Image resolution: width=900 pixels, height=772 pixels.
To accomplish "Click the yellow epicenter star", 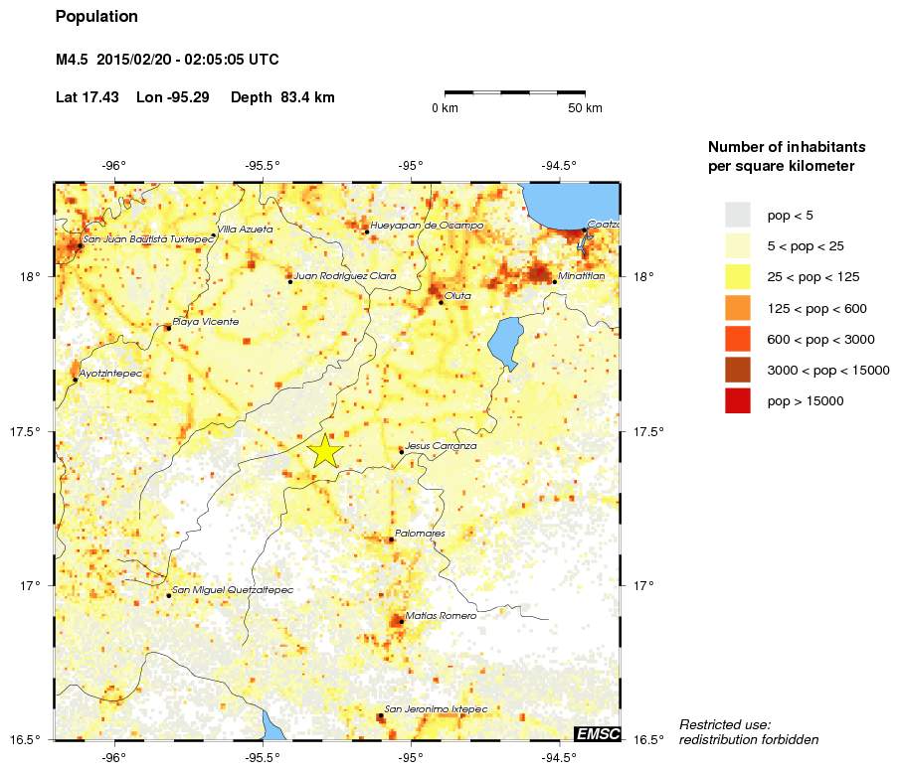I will click(325, 451).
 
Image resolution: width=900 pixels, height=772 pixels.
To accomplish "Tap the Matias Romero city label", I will click(441, 616).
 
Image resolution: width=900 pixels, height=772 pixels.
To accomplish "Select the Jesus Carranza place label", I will click(442, 447).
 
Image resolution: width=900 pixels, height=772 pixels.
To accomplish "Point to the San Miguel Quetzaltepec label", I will click(233, 590).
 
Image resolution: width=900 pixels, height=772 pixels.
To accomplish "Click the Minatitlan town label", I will click(582, 277).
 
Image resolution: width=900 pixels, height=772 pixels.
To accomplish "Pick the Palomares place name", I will click(420, 534).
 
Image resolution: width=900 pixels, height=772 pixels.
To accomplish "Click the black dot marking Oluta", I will click(442, 302).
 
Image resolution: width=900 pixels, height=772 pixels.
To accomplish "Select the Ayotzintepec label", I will click(110, 374).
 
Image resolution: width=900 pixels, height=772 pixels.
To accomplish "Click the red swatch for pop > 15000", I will click(737, 401).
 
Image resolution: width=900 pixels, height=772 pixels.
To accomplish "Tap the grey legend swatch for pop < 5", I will click(737, 215).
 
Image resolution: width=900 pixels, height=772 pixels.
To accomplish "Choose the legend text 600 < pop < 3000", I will click(820, 340).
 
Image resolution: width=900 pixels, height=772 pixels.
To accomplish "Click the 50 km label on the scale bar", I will click(585, 108).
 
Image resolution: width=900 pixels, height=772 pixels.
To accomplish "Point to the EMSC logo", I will click(597, 734).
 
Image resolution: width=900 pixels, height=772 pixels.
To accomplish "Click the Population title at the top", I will click(96, 17).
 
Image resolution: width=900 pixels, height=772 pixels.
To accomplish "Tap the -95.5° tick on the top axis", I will click(264, 166).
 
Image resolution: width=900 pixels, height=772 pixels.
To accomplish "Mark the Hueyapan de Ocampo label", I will click(427, 226).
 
